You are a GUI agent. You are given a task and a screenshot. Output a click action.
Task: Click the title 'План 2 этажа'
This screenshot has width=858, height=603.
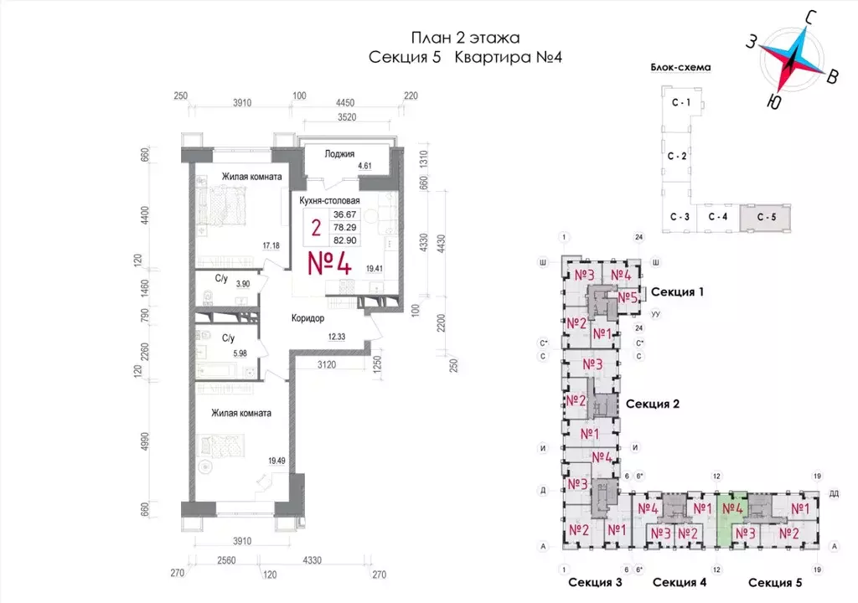pyautogui.click(x=465, y=37)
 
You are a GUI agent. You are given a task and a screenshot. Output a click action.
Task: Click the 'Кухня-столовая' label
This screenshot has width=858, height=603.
pyautogui.click(x=329, y=201)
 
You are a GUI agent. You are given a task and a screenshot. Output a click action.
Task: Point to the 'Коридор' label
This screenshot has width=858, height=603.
pyautogui.click(x=308, y=318)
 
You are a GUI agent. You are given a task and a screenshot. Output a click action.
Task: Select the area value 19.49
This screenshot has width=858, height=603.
pyautogui.click(x=276, y=460)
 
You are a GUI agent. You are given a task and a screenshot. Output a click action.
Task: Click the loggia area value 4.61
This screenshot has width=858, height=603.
pyautogui.click(x=364, y=167)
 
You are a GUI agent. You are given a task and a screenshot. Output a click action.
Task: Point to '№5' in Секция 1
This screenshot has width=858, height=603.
pyautogui.click(x=628, y=297)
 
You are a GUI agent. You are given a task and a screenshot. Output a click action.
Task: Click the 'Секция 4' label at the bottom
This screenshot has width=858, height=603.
pyautogui.click(x=680, y=583)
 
